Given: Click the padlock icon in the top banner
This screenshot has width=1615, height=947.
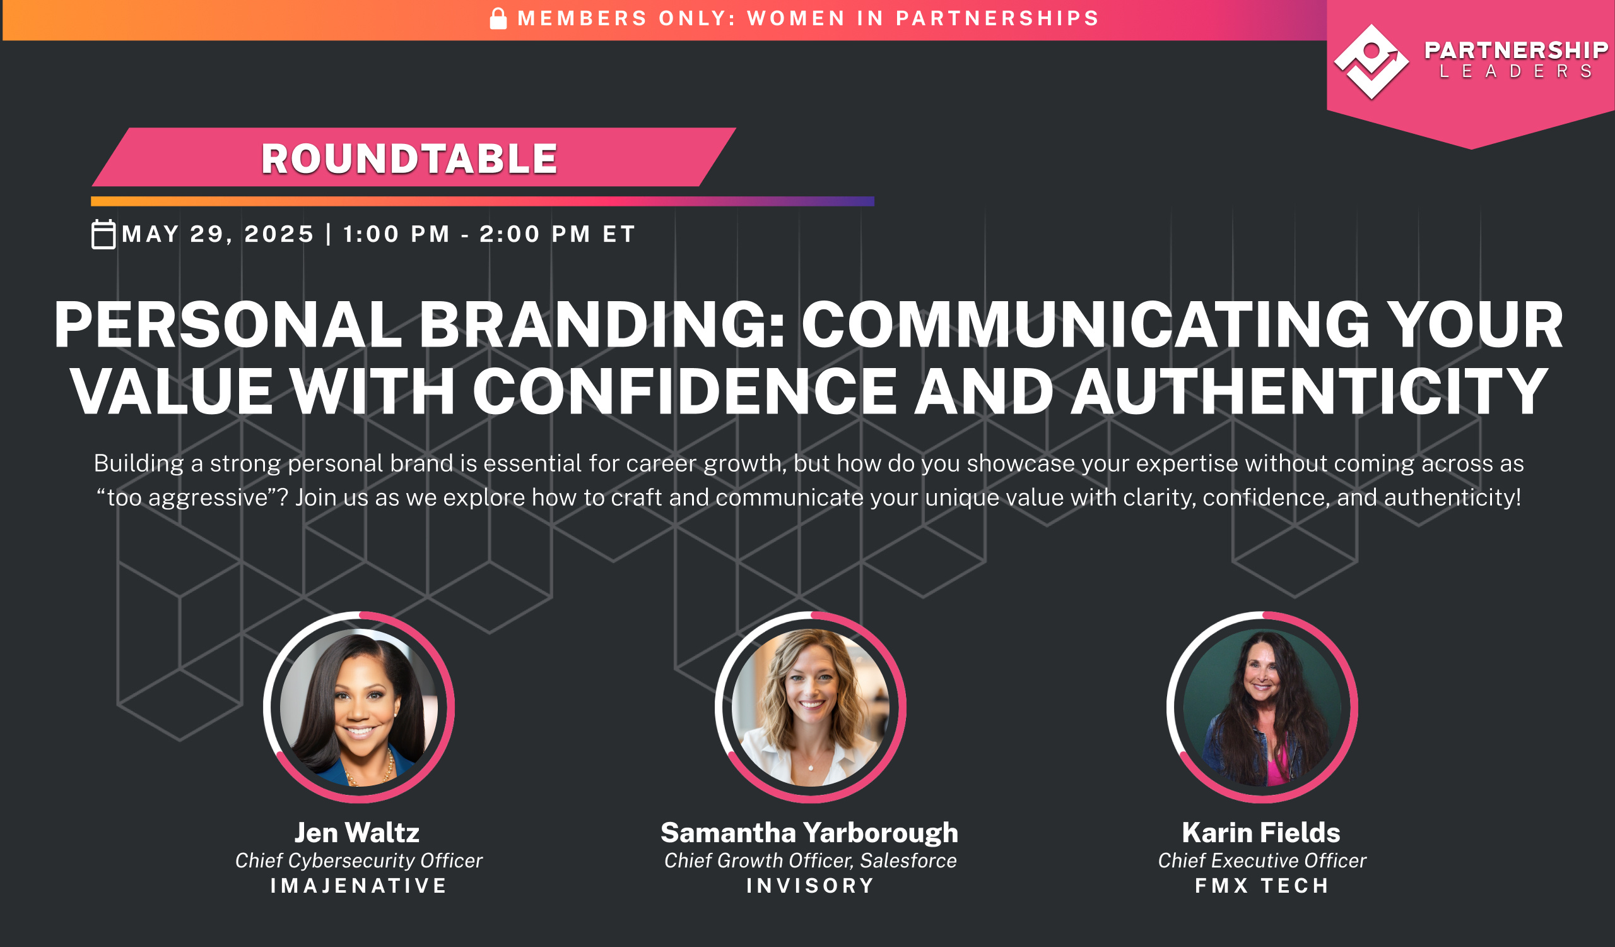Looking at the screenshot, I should (498, 19).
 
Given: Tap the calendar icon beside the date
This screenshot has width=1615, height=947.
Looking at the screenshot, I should (103, 234).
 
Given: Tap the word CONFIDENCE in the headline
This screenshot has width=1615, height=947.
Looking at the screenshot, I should (684, 392).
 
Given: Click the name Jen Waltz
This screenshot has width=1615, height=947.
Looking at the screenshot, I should (357, 832).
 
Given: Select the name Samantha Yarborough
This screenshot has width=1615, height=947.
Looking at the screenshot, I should (809, 832).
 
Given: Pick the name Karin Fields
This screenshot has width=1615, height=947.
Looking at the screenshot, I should (1260, 832).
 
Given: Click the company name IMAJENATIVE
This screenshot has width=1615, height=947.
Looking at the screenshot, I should (358, 886).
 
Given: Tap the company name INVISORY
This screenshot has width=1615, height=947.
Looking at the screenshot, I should (810, 886).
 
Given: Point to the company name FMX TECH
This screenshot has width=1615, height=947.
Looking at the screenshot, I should (1262, 886).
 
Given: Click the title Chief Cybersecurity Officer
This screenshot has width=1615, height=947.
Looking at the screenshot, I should (358, 861).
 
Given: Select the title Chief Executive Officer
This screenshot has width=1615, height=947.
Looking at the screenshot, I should (1262, 861).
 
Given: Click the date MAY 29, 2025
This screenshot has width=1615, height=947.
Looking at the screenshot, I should (218, 234).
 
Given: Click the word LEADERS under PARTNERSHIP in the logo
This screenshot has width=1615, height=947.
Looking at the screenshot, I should (1516, 71).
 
